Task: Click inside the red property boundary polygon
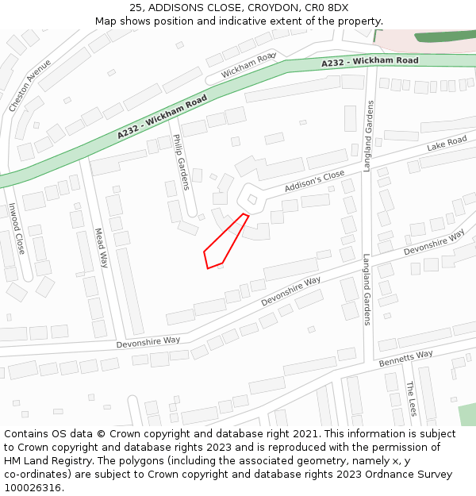(x=223, y=246)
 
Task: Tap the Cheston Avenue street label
(x=30, y=84)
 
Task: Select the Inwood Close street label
(x=17, y=229)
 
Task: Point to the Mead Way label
(x=101, y=248)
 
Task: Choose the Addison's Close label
(x=315, y=180)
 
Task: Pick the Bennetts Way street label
(x=405, y=359)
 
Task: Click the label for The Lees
(x=411, y=398)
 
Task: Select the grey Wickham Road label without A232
(x=248, y=65)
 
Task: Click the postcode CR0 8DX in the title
(x=328, y=7)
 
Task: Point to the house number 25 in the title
(x=136, y=7)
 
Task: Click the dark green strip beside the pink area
(x=445, y=37)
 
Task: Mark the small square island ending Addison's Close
(x=252, y=199)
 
